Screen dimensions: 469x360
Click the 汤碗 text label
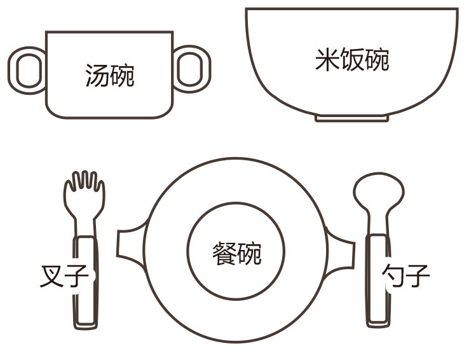pyautogui.click(x=110, y=76)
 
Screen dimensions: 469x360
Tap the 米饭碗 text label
pyautogui.click(x=352, y=60)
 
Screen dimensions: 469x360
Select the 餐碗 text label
pyautogui.click(x=236, y=254)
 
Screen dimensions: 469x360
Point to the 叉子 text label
pyautogui.click(x=64, y=276)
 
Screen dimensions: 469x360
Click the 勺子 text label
pyautogui.click(x=406, y=275)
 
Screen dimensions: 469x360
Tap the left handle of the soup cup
pyautogui.click(x=13, y=71)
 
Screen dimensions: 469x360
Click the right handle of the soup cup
pyautogui.click(x=207, y=69)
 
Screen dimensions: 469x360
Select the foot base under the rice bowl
pyautogui.click(x=352, y=118)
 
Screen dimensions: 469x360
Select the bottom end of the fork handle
pyautogui.click(x=86, y=327)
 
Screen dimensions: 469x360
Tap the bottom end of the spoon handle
pyautogui.click(x=378, y=324)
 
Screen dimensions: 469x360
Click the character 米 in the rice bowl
pyautogui.click(x=327, y=60)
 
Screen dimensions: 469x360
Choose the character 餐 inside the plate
pyautogui.click(x=224, y=254)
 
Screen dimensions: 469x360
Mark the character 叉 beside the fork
pyautogui.click(x=51, y=276)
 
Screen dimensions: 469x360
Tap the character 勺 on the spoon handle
pyautogui.click(x=393, y=275)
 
